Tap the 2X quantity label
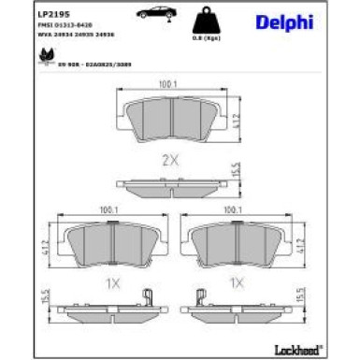[x=170, y=160]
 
